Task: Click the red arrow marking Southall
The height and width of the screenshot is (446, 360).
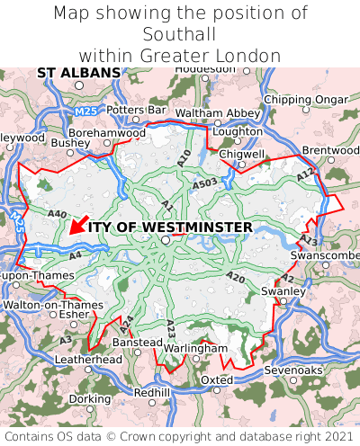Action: (x=78, y=224)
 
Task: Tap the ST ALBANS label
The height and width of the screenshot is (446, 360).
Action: (x=78, y=72)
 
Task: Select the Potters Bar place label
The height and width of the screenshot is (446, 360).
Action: (x=137, y=110)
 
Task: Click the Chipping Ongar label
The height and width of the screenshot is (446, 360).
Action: (x=305, y=99)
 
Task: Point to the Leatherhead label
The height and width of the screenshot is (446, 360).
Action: (x=88, y=359)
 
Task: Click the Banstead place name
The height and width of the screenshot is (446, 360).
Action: (x=137, y=343)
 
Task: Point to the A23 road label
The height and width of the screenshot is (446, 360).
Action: (x=171, y=329)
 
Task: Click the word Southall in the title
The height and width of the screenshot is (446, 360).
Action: (x=179, y=35)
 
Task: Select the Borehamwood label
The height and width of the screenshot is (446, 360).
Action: (x=107, y=132)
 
